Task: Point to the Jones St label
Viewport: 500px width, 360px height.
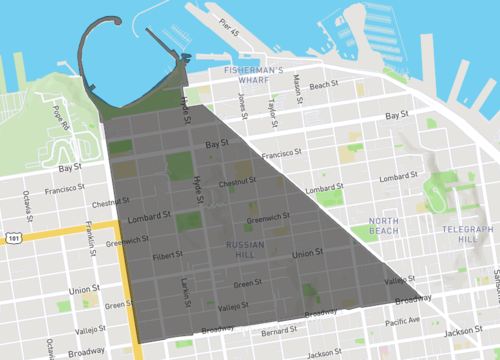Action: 243,104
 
